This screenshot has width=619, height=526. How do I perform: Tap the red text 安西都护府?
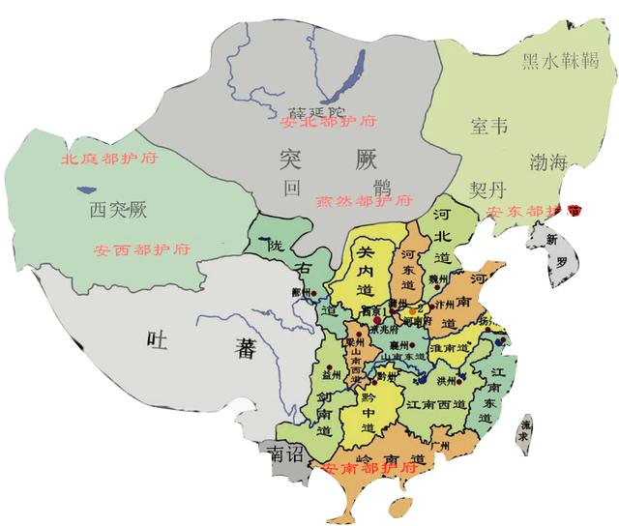tap(143, 249)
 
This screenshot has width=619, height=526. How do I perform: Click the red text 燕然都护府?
tap(363, 202)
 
